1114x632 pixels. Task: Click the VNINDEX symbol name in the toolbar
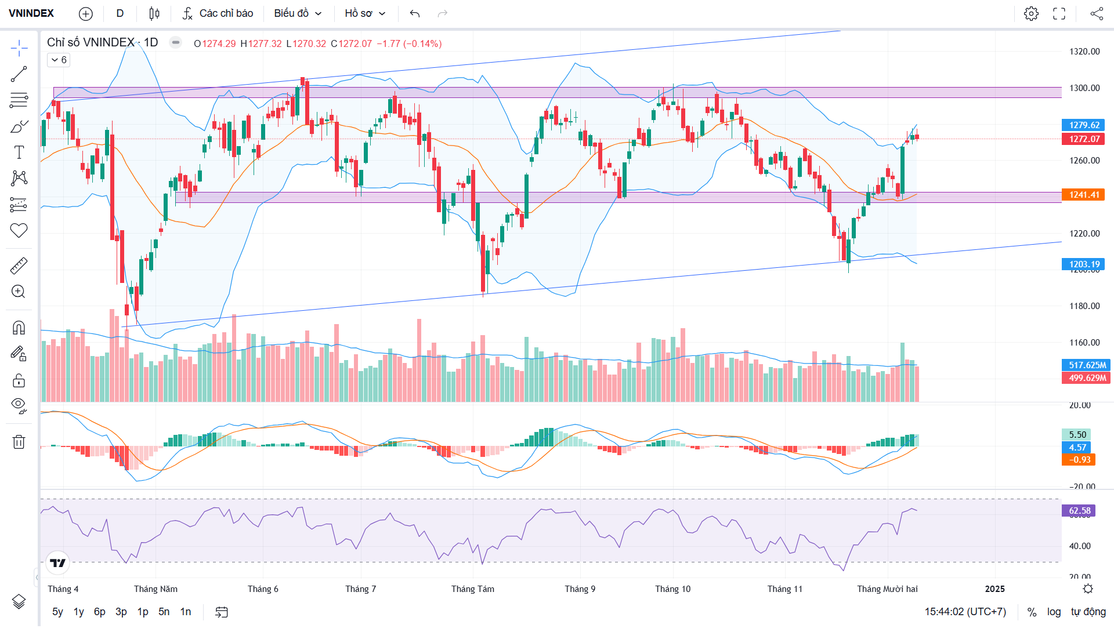(31, 13)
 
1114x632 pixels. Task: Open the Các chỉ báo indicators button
(218, 13)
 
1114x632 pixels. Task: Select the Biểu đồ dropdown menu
(298, 13)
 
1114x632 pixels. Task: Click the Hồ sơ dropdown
(365, 13)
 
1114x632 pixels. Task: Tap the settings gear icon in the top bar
(1031, 13)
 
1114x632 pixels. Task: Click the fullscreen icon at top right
(1059, 13)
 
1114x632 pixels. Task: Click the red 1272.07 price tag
(1083, 139)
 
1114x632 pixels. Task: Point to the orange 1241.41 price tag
(1083, 195)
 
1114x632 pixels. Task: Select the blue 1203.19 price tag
(1083, 264)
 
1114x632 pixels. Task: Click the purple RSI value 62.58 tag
(1079, 511)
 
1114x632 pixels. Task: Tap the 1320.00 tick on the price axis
(1084, 52)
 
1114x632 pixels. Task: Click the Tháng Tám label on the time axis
(473, 589)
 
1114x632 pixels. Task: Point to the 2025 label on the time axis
(994, 589)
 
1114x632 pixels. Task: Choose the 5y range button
(57, 612)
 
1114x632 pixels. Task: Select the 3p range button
(121, 612)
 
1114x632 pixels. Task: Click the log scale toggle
(1054, 612)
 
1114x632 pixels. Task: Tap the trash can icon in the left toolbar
(19, 442)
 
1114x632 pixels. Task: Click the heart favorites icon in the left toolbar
(19, 231)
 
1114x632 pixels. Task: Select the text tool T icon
(19, 152)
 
